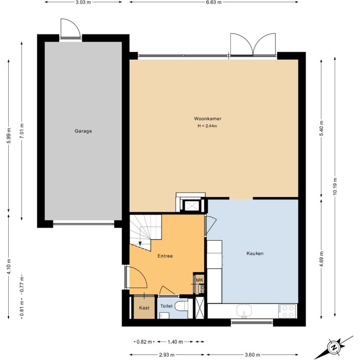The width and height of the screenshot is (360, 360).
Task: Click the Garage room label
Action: pos(83,131)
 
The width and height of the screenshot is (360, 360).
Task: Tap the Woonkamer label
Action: pos(208,119)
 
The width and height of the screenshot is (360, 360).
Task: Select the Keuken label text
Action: pos(255,254)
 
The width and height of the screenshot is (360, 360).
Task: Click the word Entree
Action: pos(165,256)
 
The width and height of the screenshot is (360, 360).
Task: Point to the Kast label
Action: pos(144,308)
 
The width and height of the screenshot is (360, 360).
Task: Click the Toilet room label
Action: pos(167,306)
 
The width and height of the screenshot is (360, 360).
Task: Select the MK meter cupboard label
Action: pos(200,280)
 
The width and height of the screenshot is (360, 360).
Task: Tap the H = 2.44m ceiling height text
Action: pos(207,126)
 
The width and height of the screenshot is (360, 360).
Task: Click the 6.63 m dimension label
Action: pos(214,2)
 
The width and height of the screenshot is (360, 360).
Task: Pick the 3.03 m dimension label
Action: pos(83,2)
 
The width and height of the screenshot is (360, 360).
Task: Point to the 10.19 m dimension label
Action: pos(335,186)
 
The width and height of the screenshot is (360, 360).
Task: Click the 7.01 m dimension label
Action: pos(22,131)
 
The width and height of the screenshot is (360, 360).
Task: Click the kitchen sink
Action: pos(244,311)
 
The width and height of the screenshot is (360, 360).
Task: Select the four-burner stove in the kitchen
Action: pos(287,311)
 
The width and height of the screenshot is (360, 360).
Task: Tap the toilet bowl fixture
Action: pos(182,307)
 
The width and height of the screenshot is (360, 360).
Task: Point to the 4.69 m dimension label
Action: pos(321,259)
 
